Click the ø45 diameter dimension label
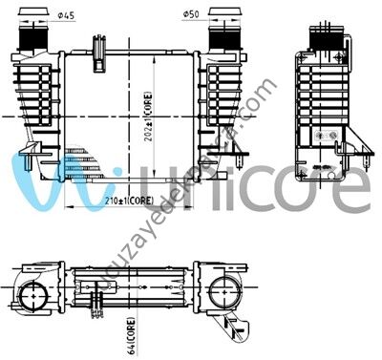pos(67,14)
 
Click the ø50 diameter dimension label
pos(191,14)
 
